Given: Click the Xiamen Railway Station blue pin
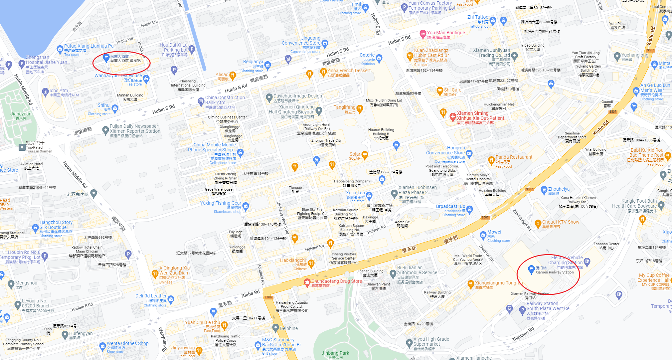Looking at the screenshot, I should point(531,269).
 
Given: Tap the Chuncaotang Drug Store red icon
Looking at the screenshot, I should point(307,282).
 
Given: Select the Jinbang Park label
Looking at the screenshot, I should point(335,353).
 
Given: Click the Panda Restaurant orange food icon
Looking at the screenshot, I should point(491,160).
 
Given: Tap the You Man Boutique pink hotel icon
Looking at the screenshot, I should point(423,34).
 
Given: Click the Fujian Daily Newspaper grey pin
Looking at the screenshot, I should point(105,129).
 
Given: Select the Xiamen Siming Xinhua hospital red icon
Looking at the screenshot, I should point(452,116).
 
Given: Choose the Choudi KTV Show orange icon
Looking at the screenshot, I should point(538,223).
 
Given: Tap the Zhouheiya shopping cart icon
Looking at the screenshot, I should point(544,190).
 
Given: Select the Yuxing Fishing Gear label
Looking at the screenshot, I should point(221,203).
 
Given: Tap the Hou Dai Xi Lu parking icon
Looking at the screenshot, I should point(192,49).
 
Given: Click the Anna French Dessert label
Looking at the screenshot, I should point(349,71).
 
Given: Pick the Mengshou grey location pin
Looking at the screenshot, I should point(11,284).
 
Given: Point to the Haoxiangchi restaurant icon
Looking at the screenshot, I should point(311,264).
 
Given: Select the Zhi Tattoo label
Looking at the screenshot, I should point(478,17).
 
